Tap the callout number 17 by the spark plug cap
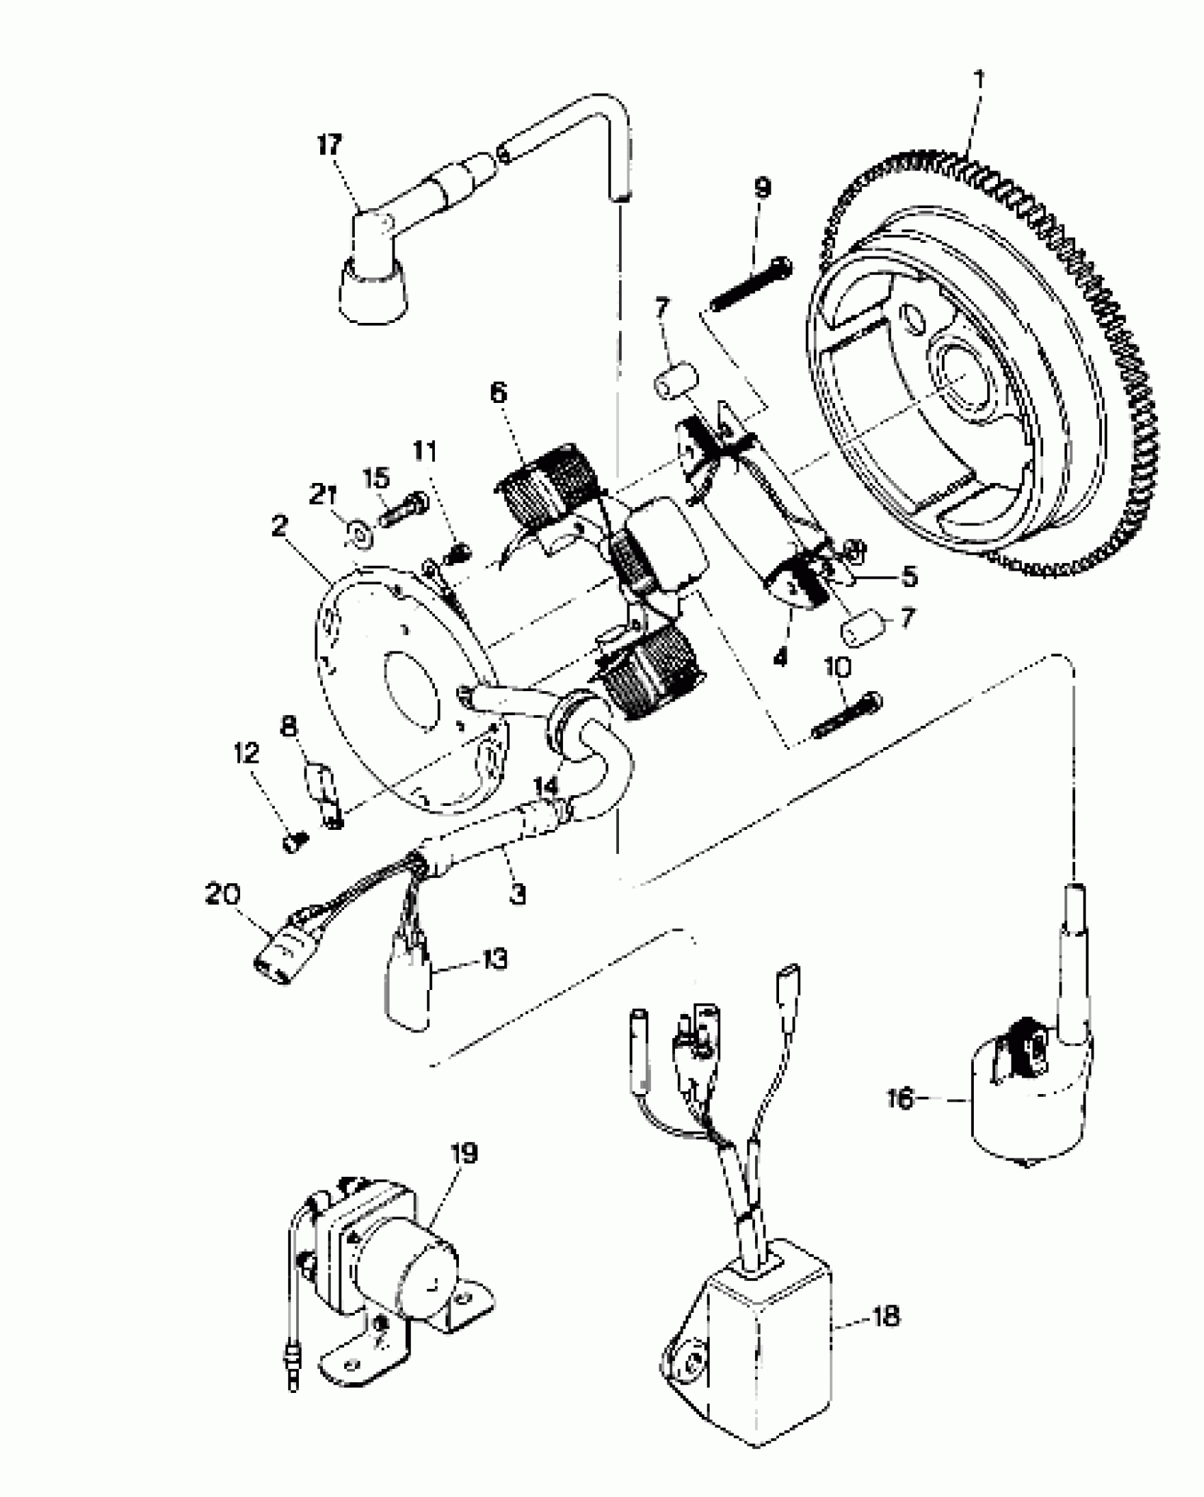pyautogui.click(x=329, y=146)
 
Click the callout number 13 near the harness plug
pyautogui.click(x=494, y=960)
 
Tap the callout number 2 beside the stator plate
pyautogui.click(x=279, y=526)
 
